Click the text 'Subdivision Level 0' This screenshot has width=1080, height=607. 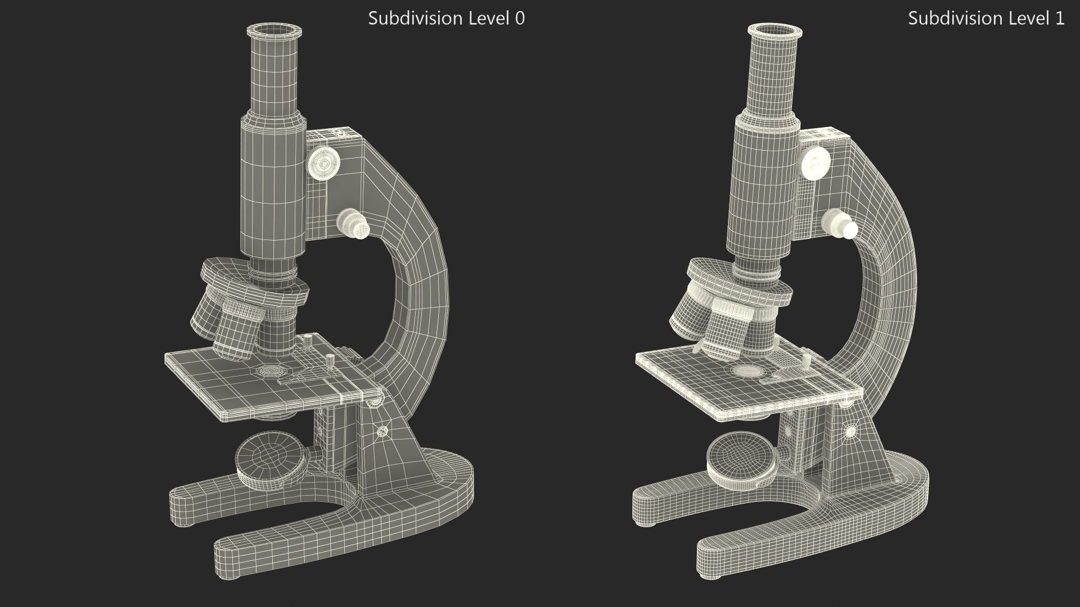click(446, 19)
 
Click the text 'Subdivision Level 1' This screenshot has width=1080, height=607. click(985, 19)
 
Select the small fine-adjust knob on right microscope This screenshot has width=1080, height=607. click(840, 224)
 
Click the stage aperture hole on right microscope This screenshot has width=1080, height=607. click(746, 372)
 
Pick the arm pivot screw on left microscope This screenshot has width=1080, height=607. click(382, 432)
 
